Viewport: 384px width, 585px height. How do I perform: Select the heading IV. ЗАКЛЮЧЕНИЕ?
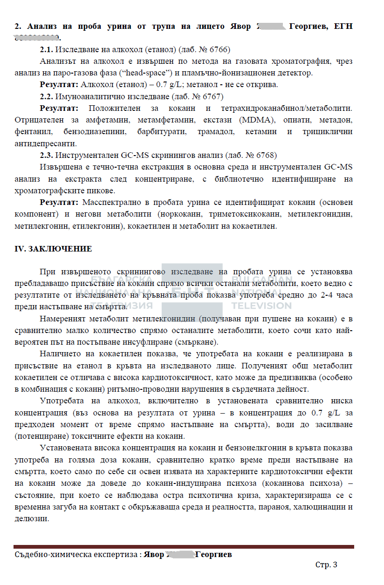click(x=54, y=249)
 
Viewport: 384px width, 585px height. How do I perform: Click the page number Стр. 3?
click(x=326, y=565)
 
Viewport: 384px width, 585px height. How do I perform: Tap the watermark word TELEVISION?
click(x=261, y=306)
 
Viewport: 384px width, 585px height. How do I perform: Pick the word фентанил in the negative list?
click(x=30, y=131)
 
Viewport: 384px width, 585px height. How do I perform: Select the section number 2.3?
click(x=46, y=155)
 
